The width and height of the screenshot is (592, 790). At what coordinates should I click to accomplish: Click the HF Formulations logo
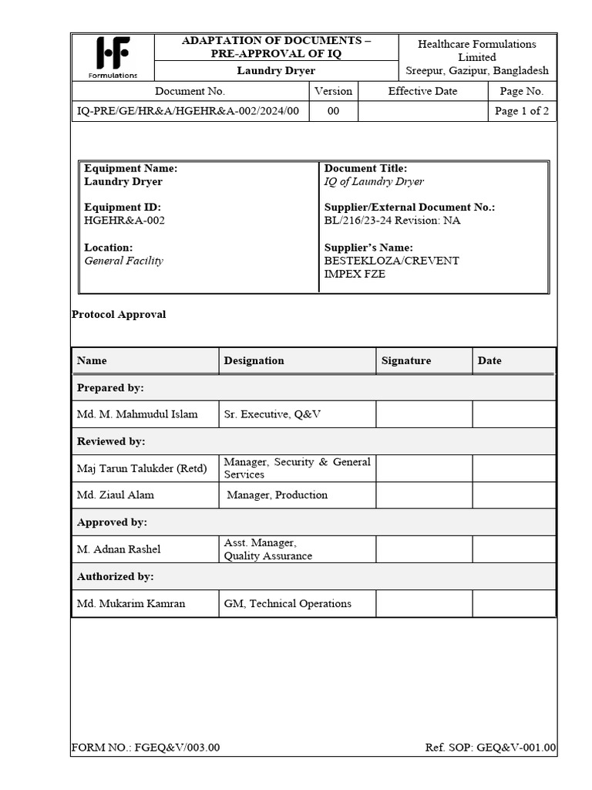tap(113, 57)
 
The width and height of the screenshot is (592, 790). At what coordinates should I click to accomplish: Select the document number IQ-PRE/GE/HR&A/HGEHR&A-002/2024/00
tap(190, 111)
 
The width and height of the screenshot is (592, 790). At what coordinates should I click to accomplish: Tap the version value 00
tap(333, 111)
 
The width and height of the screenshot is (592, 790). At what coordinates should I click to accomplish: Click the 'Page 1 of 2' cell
tap(522, 111)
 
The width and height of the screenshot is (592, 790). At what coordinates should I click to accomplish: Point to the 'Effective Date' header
tap(422, 91)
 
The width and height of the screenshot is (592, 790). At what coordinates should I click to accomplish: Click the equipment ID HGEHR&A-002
tap(124, 221)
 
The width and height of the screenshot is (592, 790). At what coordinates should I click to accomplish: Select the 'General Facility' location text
tap(123, 261)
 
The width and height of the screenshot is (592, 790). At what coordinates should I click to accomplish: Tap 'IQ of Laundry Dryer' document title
tap(374, 181)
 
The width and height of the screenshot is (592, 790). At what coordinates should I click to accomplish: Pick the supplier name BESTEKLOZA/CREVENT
tap(392, 261)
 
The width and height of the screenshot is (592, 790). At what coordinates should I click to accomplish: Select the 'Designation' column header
tap(254, 360)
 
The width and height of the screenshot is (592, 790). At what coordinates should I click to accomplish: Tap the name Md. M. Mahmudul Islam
tap(137, 414)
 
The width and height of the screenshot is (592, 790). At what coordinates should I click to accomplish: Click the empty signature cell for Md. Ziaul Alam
tap(424, 495)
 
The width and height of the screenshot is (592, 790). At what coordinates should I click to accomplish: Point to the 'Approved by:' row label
tap(112, 522)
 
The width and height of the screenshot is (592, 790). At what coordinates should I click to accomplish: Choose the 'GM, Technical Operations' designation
tap(288, 603)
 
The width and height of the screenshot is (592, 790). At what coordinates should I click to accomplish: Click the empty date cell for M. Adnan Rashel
tap(513, 549)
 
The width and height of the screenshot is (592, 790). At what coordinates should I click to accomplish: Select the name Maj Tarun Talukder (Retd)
tap(142, 468)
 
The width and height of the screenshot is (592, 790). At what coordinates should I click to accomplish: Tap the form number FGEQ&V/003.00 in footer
tap(146, 748)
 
